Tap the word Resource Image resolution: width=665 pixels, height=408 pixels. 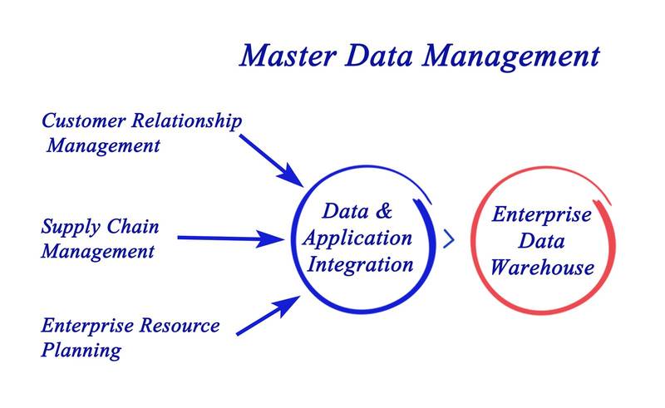(178, 326)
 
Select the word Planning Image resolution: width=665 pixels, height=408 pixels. (81, 350)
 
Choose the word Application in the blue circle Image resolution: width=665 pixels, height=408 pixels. (357, 238)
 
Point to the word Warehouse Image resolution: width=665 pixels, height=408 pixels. (541, 268)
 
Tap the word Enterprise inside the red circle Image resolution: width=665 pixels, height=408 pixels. (542, 214)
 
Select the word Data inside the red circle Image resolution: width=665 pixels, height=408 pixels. (542, 241)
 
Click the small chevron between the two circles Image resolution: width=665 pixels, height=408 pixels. (449, 239)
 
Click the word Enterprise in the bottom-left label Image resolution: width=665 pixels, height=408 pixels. (83, 326)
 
